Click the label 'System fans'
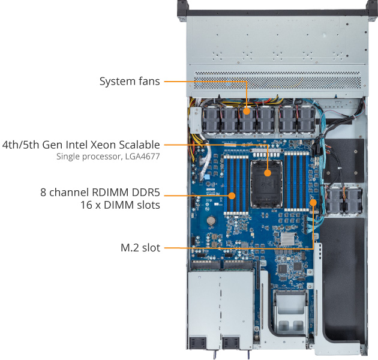click(x=130, y=81)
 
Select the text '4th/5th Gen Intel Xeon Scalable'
click(x=81, y=145)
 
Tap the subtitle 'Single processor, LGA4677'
click(x=108, y=157)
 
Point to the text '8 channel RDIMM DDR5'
click(x=100, y=193)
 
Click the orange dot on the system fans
click(x=247, y=110)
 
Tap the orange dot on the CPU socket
click(x=268, y=174)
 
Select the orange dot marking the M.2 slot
click(x=313, y=202)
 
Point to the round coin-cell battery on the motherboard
click(x=211, y=220)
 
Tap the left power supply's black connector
click(x=197, y=343)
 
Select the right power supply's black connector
click(x=230, y=343)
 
